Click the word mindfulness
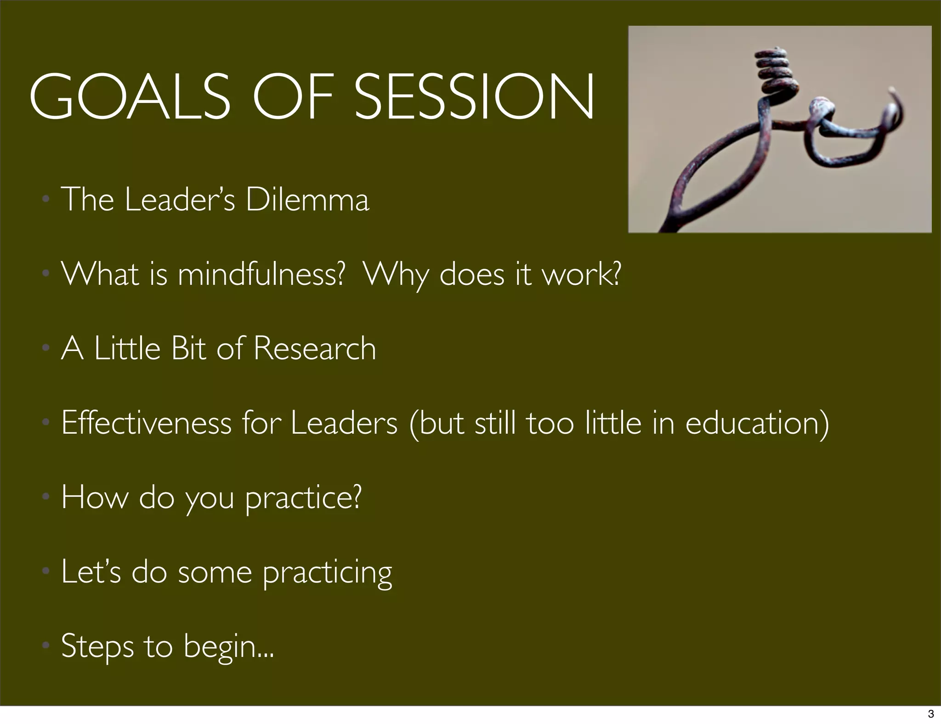coord(261,274)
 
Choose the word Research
coord(315,348)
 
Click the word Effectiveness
coord(146,423)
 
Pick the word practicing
coord(327,573)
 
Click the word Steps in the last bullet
coord(96,647)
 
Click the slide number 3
coord(931,714)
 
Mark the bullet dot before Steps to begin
coord(45,645)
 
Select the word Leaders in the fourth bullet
coord(344,423)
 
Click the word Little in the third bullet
coord(127,348)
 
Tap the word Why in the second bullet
coord(395,274)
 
